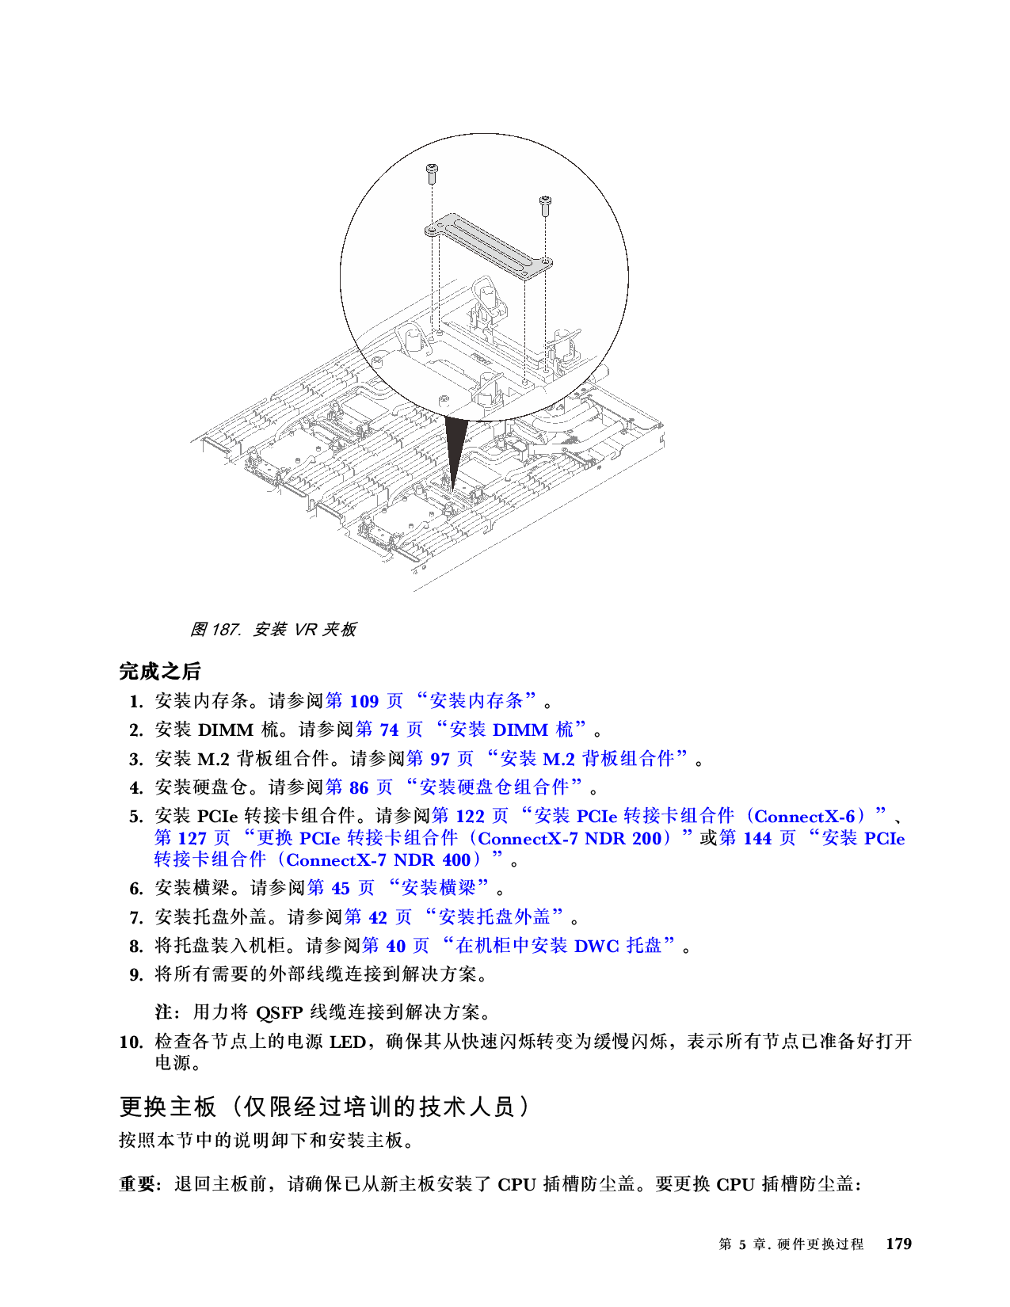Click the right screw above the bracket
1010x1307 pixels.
pyautogui.click(x=545, y=204)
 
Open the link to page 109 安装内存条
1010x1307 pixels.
pyautogui.click(x=432, y=701)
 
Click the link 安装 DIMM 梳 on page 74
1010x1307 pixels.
pyautogui.click(x=471, y=730)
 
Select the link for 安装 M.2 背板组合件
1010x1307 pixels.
pyautogui.click(x=547, y=759)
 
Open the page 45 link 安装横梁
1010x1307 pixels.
pyautogui.click(x=398, y=888)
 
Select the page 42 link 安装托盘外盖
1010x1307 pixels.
pyautogui.click(x=454, y=917)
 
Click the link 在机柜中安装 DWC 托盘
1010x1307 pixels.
pyautogui.click(x=519, y=946)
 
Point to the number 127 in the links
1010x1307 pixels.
pyautogui.click(x=192, y=838)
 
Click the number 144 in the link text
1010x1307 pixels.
pyautogui.click(x=757, y=838)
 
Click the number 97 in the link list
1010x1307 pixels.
pyautogui.click(x=440, y=759)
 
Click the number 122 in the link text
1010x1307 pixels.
pyautogui.click(x=470, y=816)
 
